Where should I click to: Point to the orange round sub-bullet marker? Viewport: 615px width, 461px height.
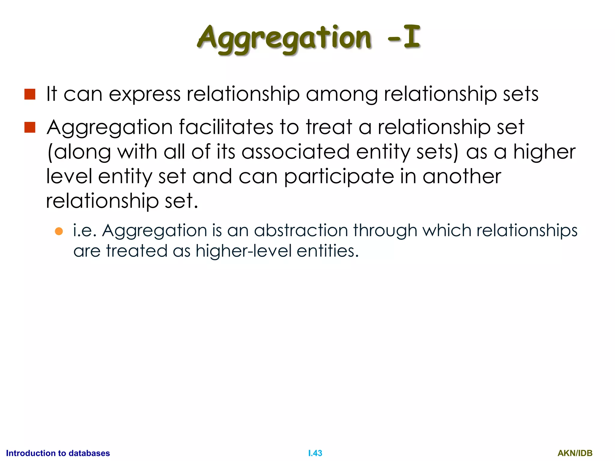[x=59, y=231]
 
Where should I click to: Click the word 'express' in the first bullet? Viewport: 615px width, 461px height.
[x=144, y=95]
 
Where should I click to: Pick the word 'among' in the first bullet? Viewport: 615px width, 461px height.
[x=342, y=95]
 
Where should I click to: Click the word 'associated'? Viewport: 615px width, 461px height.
[x=295, y=152]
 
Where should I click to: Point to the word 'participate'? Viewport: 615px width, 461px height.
[x=339, y=177]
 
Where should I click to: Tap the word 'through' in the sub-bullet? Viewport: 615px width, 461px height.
[x=385, y=231]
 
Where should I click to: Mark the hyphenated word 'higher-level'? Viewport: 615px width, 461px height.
[x=243, y=251]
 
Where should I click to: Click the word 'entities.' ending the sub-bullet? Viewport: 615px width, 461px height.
[x=328, y=251]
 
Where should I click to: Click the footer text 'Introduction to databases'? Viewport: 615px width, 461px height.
[x=58, y=453]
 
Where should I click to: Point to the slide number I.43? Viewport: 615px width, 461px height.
[x=315, y=453]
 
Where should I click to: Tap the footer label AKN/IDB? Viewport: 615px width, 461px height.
[x=575, y=453]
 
